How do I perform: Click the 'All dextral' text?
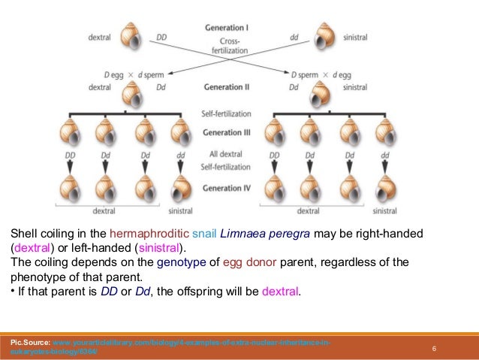coord(229,154)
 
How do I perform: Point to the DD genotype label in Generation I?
coord(161,36)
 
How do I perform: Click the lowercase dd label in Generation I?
coord(293,36)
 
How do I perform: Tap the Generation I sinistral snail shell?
coord(325,35)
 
